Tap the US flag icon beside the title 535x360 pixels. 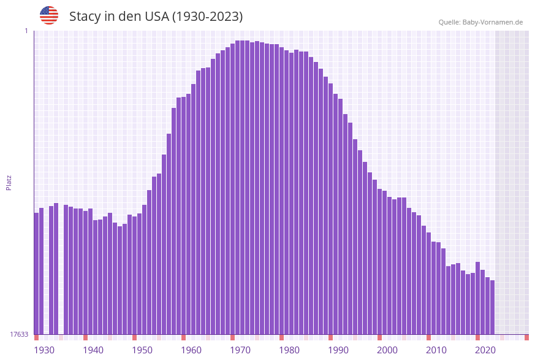(49, 15)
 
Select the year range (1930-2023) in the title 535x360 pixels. (207, 17)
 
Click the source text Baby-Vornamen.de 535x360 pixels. (492, 22)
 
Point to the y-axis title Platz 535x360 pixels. (9, 182)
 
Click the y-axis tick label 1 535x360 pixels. (26, 31)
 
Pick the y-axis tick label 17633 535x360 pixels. (19, 334)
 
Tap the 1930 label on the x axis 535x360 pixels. (44, 350)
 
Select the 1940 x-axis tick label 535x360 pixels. (93, 350)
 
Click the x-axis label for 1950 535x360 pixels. (142, 350)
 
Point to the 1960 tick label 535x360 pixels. (191, 350)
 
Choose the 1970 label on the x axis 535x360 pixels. (240, 350)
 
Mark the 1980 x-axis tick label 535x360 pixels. (289, 350)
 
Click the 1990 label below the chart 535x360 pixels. (338, 350)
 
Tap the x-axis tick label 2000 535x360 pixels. (387, 350)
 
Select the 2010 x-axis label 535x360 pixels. (436, 350)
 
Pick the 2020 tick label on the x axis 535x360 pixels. (485, 350)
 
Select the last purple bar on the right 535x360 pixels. (492, 307)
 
